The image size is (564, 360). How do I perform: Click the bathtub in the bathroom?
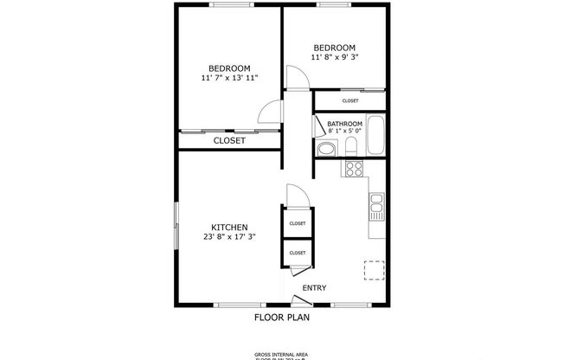376,137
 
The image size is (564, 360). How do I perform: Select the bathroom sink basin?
354,148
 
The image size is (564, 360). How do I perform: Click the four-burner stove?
354,168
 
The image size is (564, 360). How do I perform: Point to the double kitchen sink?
377,205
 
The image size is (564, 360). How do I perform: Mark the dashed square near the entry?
374,270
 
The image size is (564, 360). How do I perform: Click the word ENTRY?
314,288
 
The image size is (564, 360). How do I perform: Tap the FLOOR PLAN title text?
281,318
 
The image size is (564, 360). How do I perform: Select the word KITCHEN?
229,227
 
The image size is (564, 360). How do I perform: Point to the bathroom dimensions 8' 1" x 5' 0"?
344,132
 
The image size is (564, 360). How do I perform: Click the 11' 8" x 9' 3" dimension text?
334,57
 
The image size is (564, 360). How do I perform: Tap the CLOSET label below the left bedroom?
229,140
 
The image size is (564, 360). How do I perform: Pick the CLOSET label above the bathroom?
350,101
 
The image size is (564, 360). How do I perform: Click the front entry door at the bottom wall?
300,300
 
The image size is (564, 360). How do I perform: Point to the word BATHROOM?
344,124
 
